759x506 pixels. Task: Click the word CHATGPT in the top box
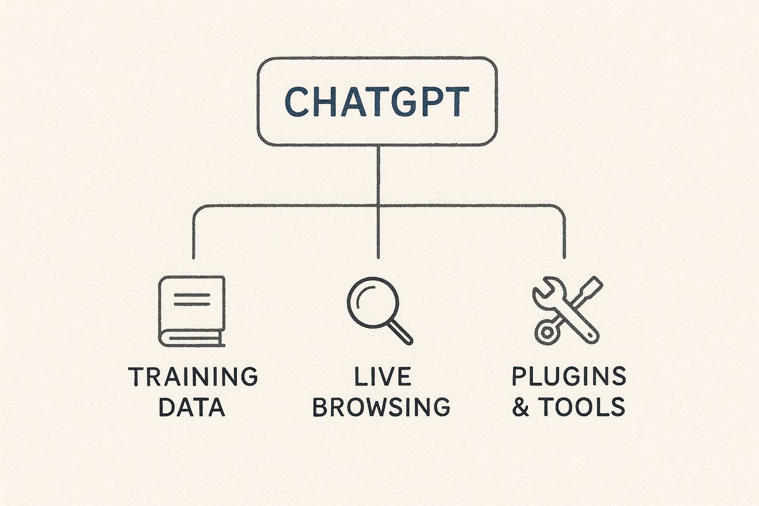point(377,101)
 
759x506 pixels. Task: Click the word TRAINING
point(193,377)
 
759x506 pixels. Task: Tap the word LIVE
point(382,377)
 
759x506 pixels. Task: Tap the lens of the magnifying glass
point(373,303)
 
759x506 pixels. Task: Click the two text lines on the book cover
point(192,300)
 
